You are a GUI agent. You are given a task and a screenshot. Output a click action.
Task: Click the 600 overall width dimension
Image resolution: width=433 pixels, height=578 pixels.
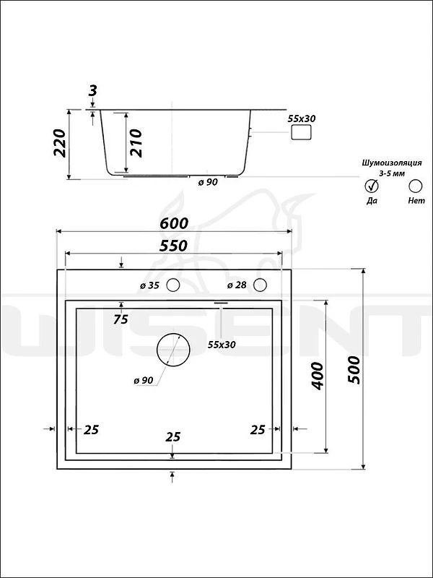pos(174,223)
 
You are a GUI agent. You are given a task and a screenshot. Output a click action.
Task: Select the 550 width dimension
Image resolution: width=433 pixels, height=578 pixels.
pos(173,246)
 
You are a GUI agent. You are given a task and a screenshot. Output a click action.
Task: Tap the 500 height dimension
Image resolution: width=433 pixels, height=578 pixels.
pos(354,370)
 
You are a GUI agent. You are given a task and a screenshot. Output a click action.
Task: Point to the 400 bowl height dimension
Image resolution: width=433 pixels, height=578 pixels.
pos(317,376)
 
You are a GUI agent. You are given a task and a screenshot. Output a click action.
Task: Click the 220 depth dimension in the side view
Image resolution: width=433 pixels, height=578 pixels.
pos(60,143)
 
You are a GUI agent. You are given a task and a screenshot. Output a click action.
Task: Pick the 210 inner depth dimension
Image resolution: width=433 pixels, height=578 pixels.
pos(136,143)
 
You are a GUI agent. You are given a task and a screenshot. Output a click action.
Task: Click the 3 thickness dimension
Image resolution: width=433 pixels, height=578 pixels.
pos(93,90)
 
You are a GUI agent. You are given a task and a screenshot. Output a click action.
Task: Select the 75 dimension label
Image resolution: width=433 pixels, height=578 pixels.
pos(121,319)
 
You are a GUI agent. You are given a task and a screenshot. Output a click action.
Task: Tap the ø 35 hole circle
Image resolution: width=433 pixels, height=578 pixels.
pos(172,285)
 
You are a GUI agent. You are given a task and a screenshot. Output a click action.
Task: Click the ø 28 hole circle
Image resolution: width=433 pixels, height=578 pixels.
pos(261,285)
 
